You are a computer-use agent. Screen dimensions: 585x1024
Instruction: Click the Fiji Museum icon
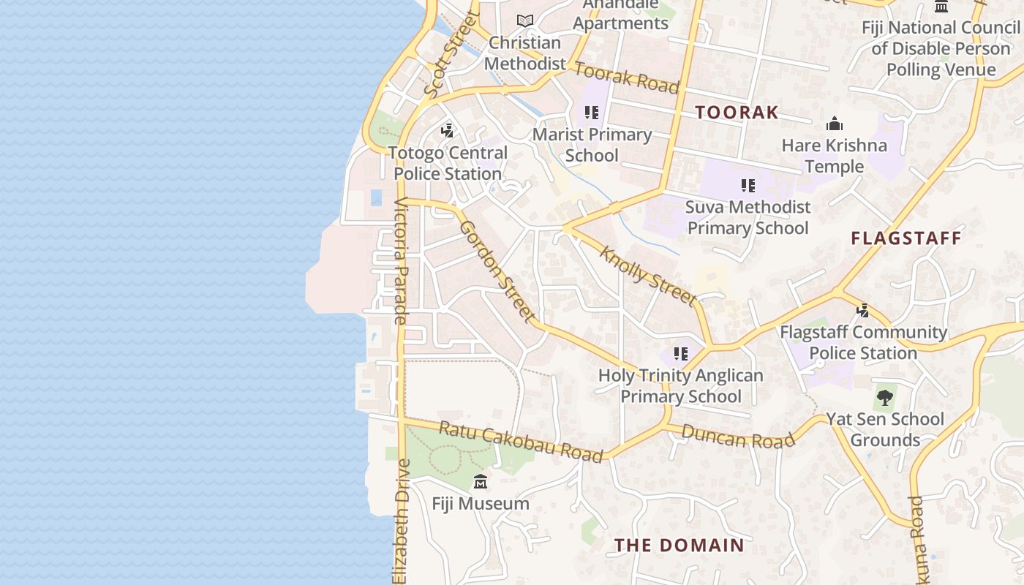coord(481,482)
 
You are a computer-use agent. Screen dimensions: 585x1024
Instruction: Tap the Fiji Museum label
coord(481,504)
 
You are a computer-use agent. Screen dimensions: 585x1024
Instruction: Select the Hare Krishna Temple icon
coord(834,124)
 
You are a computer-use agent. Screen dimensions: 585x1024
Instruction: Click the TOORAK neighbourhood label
coord(737,113)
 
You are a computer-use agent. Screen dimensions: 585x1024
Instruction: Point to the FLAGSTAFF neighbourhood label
coord(906,238)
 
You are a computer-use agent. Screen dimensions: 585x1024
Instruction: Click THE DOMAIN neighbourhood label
coord(679,546)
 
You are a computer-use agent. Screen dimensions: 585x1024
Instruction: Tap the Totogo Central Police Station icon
coord(448,131)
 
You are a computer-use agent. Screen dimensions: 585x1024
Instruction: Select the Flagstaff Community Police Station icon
coord(863,310)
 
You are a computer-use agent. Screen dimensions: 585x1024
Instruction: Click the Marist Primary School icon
coord(592,113)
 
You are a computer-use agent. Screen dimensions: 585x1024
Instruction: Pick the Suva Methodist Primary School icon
coord(748,186)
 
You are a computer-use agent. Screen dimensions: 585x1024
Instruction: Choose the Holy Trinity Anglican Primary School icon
coord(681,354)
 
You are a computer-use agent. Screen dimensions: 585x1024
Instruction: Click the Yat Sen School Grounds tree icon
coord(885,398)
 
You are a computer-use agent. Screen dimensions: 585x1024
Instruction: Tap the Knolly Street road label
coord(647,276)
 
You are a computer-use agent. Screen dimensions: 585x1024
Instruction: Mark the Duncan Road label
coord(737,436)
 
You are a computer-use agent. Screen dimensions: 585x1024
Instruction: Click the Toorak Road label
coord(627,78)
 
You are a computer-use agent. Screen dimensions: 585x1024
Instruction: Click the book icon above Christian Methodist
coord(524,20)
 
